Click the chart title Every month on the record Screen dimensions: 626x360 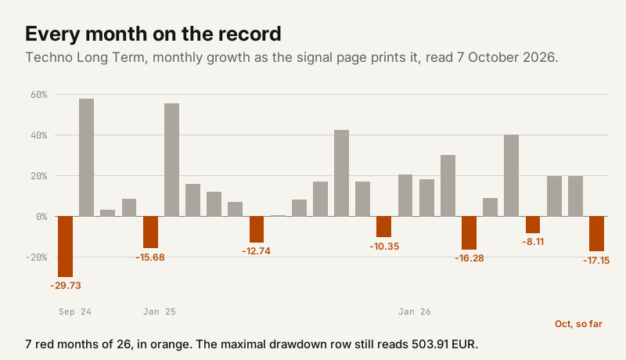coord(153,34)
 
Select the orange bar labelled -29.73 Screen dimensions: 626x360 coord(66,247)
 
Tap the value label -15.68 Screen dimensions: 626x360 coord(150,257)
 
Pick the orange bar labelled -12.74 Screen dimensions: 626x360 coord(257,229)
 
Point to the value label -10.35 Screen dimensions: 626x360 coord(384,247)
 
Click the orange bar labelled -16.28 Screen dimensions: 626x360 coord(469,232)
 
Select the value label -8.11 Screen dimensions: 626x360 coord(533,242)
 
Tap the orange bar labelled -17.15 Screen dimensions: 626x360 coord(596,233)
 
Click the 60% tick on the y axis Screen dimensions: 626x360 coord(38,95)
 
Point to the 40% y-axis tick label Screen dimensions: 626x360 coord(38,135)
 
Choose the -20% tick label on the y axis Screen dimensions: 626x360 coord(36,257)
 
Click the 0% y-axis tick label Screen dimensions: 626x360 coord(41,216)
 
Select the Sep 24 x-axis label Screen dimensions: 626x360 coord(75,311)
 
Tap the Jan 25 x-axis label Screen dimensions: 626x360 coord(160,311)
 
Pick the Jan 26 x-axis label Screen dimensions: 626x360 coord(415,311)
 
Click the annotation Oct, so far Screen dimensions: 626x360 coord(578,324)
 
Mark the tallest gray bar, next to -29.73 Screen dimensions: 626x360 coord(87,157)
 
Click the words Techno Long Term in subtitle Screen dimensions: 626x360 coord(85,57)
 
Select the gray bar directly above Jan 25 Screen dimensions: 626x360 coord(171,160)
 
